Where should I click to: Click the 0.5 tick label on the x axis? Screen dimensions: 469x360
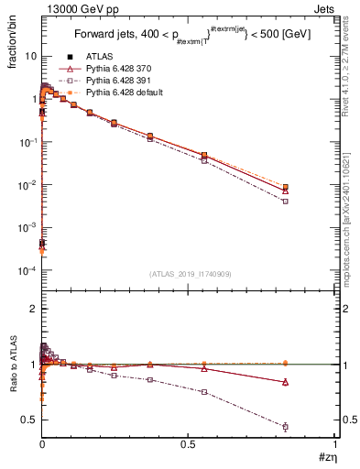tap(188, 443)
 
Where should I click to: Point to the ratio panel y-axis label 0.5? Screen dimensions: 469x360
tap(27, 420)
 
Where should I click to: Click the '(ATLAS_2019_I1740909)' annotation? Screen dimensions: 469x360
tap(189, 275)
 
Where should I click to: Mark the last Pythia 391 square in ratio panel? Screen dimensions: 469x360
tap(286, 427)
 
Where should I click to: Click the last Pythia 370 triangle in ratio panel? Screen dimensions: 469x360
tap(286, 382)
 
